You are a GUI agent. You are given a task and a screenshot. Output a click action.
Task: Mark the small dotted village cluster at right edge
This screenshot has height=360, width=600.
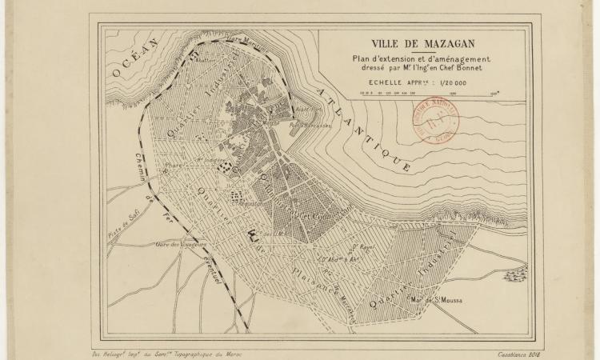[x=513, y=277]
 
